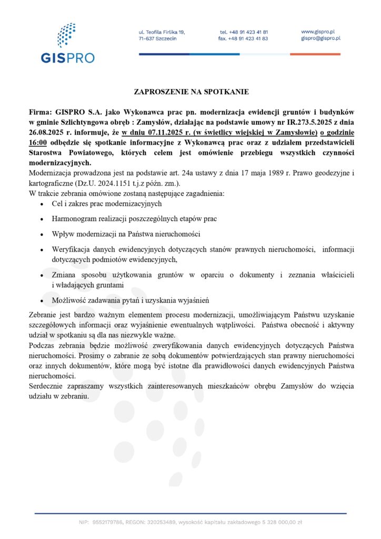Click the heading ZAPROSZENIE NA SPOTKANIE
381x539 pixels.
(x=191, y=92)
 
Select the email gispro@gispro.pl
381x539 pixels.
(x=320, y=38)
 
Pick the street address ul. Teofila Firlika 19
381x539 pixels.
(x=162, y=32)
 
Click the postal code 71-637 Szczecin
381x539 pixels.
(x=157, y=38)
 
